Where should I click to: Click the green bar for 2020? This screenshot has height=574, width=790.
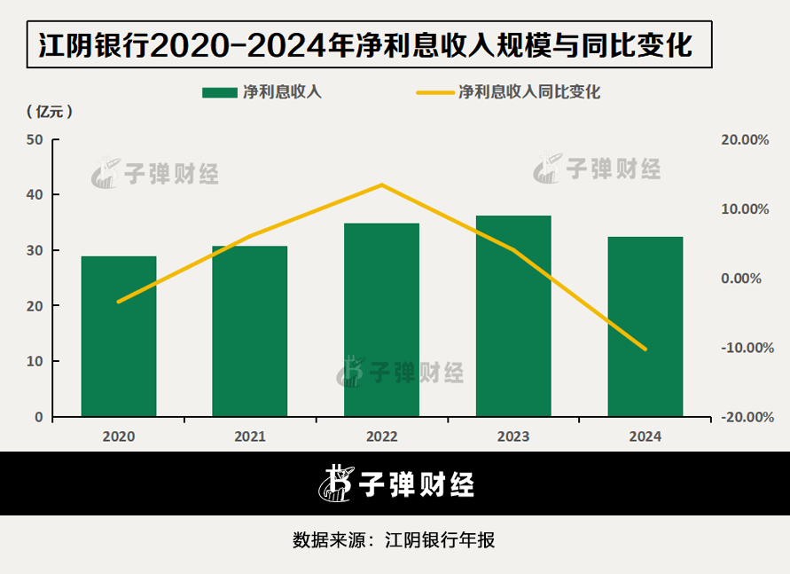pos(119,336)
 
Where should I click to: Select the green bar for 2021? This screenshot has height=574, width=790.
pos(250,331)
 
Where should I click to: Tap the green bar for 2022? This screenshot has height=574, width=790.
pos(381,319)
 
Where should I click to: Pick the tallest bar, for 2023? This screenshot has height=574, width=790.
pos(513,316)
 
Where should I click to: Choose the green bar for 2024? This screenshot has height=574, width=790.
pos(645,326)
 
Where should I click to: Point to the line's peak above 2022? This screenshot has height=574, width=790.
pos(381,185)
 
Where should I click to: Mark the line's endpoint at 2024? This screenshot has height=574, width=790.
pos(645,349)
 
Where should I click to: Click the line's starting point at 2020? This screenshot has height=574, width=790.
pos(119,302)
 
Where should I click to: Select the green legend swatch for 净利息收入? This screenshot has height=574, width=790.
pos(221,91)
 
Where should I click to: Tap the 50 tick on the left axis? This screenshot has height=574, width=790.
pos(35,139)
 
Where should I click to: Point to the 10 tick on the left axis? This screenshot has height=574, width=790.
pos(35,361)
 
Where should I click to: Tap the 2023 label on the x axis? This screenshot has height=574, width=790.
pos(513,436)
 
